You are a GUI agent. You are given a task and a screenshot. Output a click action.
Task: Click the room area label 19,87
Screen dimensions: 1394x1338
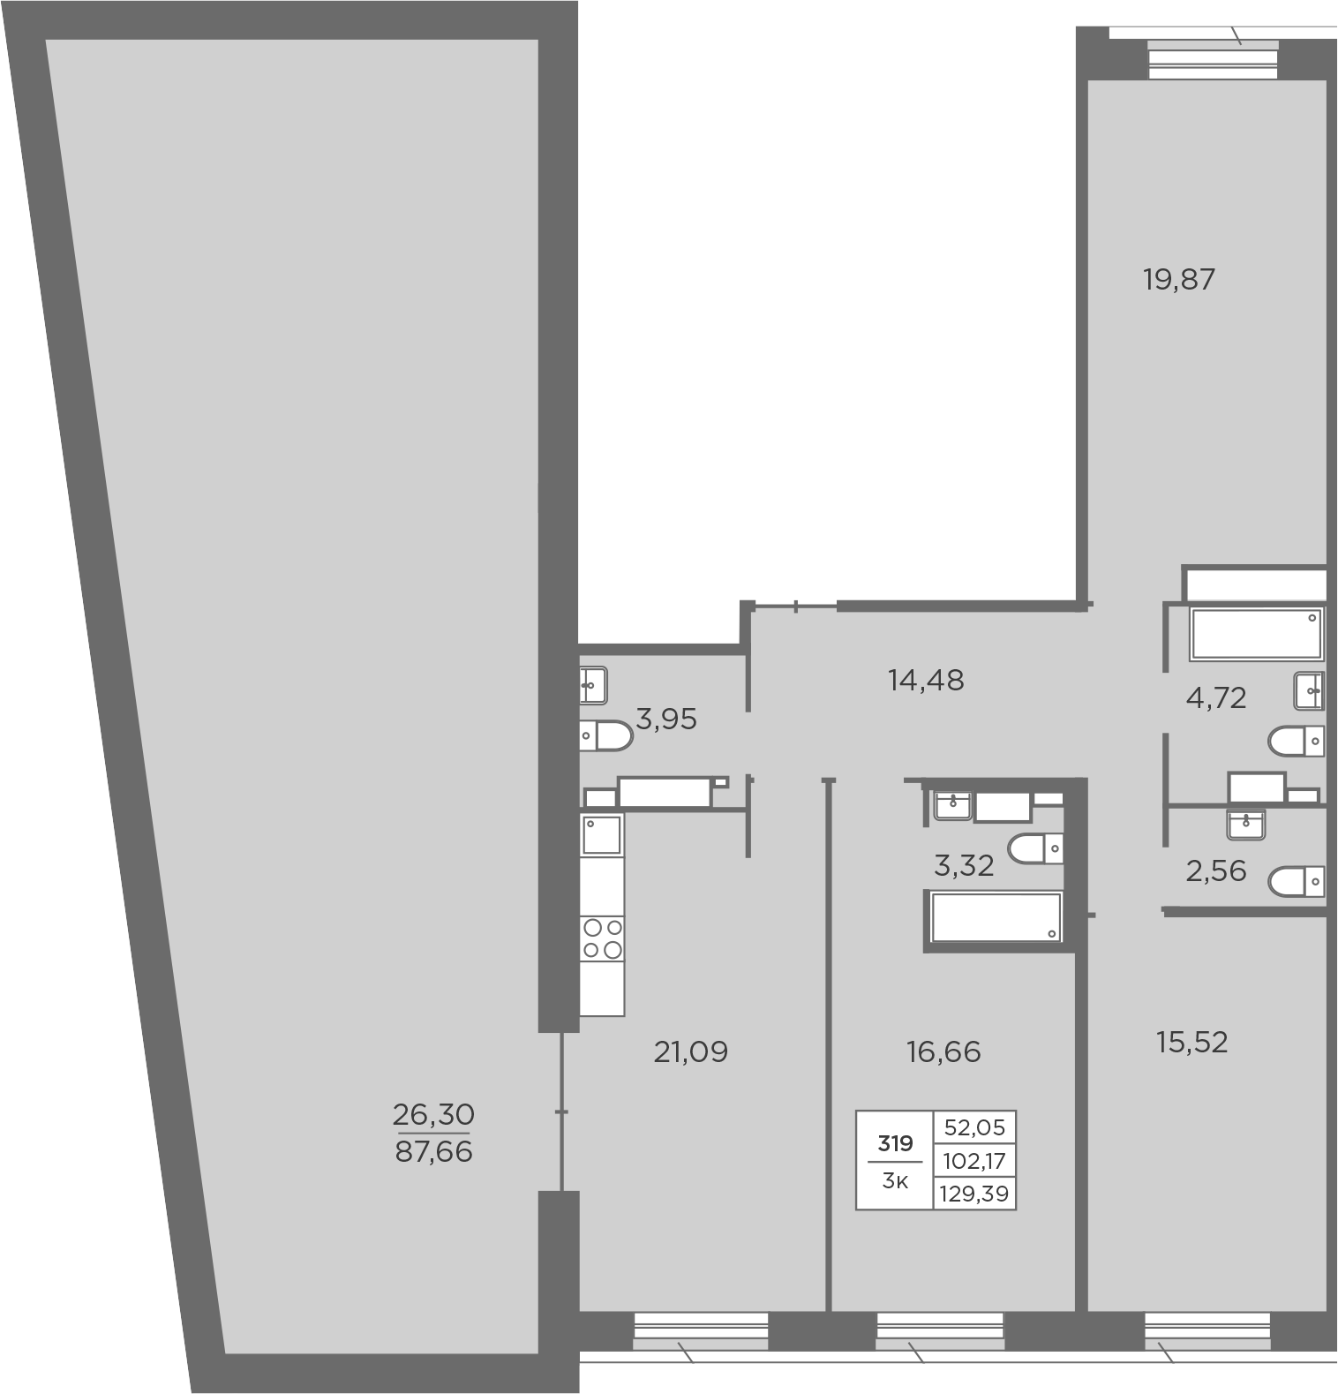point(1179,280)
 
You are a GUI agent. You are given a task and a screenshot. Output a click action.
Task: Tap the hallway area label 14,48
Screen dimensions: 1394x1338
point(926,680)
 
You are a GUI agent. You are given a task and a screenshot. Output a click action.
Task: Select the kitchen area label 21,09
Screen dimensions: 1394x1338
point(690,1051)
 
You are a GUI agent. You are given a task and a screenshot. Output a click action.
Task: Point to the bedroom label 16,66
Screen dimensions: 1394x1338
point(943,1051)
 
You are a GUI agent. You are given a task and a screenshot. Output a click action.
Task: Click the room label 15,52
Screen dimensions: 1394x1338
point(1191,1043)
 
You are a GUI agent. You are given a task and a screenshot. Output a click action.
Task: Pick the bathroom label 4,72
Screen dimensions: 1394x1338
point(1216,698)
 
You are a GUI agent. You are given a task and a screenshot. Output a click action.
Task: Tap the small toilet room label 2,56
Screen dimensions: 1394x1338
point(1216,871)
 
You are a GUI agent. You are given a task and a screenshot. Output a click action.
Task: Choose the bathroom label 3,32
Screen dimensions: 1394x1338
point(964,866)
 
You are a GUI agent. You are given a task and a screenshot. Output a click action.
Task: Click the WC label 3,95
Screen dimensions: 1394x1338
point(666,720)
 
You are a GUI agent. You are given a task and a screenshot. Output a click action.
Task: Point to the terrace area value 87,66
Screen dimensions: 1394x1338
point(433,1152)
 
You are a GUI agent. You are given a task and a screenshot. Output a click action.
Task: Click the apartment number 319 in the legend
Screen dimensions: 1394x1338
point(895,1144)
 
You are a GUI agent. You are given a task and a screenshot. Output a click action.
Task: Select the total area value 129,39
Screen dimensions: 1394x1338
point(975,1194)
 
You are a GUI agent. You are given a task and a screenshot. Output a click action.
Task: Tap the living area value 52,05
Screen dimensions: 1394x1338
point(975,1127)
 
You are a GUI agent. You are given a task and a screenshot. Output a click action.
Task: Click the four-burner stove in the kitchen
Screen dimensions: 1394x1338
point(602,938)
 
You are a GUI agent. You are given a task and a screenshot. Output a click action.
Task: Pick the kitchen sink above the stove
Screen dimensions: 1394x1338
point(602,834)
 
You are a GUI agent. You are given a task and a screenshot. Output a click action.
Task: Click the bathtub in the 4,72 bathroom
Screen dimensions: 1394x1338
point(1257,633)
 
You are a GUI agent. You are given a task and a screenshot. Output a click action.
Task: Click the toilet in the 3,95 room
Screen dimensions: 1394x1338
point(606,735)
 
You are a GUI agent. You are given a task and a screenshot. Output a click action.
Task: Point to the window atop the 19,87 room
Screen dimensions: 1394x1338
point(1214,60)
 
